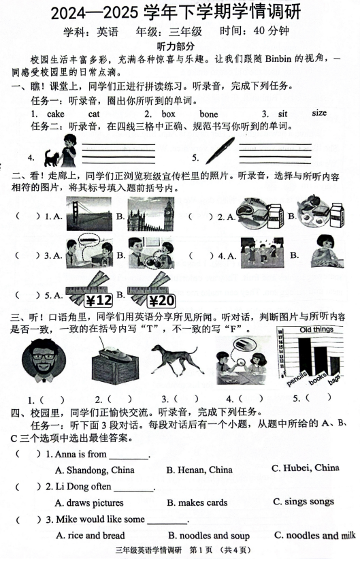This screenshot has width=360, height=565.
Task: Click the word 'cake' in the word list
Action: pyautogui.click(x=54, y=114)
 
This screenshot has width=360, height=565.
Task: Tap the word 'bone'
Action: pyautogui.click(x=209, y=114)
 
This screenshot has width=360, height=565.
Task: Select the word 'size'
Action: pyautogui.click(x=319, y=113)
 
